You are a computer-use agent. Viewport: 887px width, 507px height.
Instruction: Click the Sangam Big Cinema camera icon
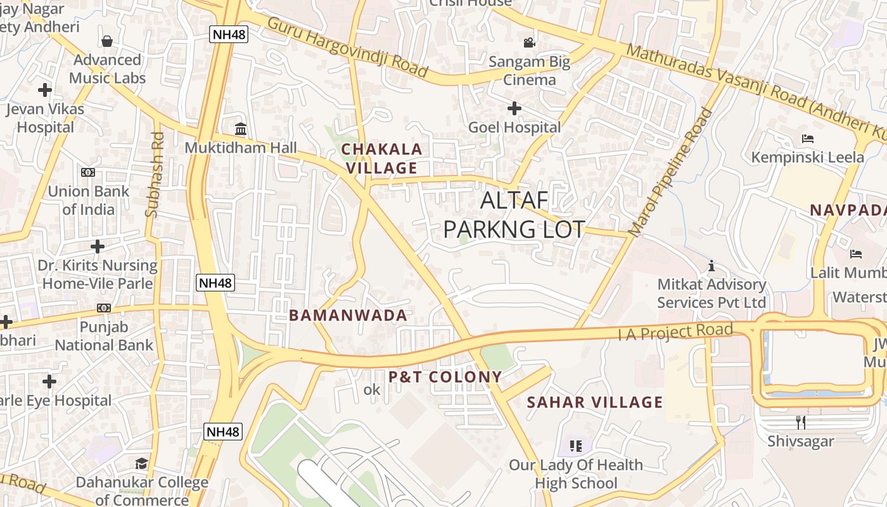[529, 42]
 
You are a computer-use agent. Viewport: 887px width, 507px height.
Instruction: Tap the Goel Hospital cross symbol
[514, 108]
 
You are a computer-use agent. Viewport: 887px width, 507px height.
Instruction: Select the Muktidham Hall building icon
[241, 129]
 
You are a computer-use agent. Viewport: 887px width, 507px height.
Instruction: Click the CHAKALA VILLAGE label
[381, 158]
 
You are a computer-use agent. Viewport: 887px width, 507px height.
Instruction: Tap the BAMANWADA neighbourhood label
[348, 315]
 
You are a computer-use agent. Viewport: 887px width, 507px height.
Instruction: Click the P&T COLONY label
[445, 377]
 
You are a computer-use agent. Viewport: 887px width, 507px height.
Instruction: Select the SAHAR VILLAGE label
[595, 402]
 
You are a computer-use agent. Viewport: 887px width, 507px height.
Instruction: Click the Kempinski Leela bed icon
[807, 138]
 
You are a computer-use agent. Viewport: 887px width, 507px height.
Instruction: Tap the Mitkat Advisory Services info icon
[712, 265]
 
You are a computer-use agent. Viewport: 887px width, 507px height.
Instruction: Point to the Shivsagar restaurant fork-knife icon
[800, 421]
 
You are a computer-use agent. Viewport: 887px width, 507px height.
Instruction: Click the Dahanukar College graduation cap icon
[142, 464]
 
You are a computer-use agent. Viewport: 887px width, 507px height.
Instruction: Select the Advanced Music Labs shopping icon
[108, 41]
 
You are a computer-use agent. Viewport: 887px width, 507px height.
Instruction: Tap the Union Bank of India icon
[88, 172]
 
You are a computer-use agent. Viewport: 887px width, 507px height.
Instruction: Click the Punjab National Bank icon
[104, 308]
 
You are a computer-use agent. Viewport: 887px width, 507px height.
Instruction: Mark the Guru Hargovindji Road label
[347, 47]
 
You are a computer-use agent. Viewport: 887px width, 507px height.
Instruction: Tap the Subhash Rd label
[155, 174]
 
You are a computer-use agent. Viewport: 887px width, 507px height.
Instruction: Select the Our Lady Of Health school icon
[575, 446]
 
